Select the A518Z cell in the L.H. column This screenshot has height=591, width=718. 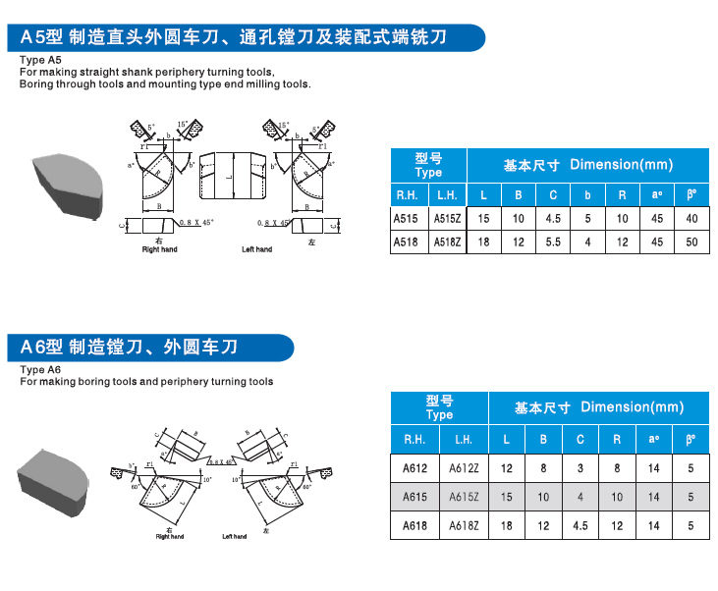[448, 242]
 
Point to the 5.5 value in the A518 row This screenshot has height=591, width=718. [554, 242]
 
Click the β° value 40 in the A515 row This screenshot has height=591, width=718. [691, 218]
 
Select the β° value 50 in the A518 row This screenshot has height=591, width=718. [691, 242]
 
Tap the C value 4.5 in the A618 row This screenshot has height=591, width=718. [580, 526]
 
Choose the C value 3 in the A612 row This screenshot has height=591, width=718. [580, 468]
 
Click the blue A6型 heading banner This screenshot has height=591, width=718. [147, 348]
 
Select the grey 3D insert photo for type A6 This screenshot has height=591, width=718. [54, 479]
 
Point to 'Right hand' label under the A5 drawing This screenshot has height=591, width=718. [159, 249]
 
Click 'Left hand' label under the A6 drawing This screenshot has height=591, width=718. [234, 536]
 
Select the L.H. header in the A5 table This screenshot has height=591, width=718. [448, 194]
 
